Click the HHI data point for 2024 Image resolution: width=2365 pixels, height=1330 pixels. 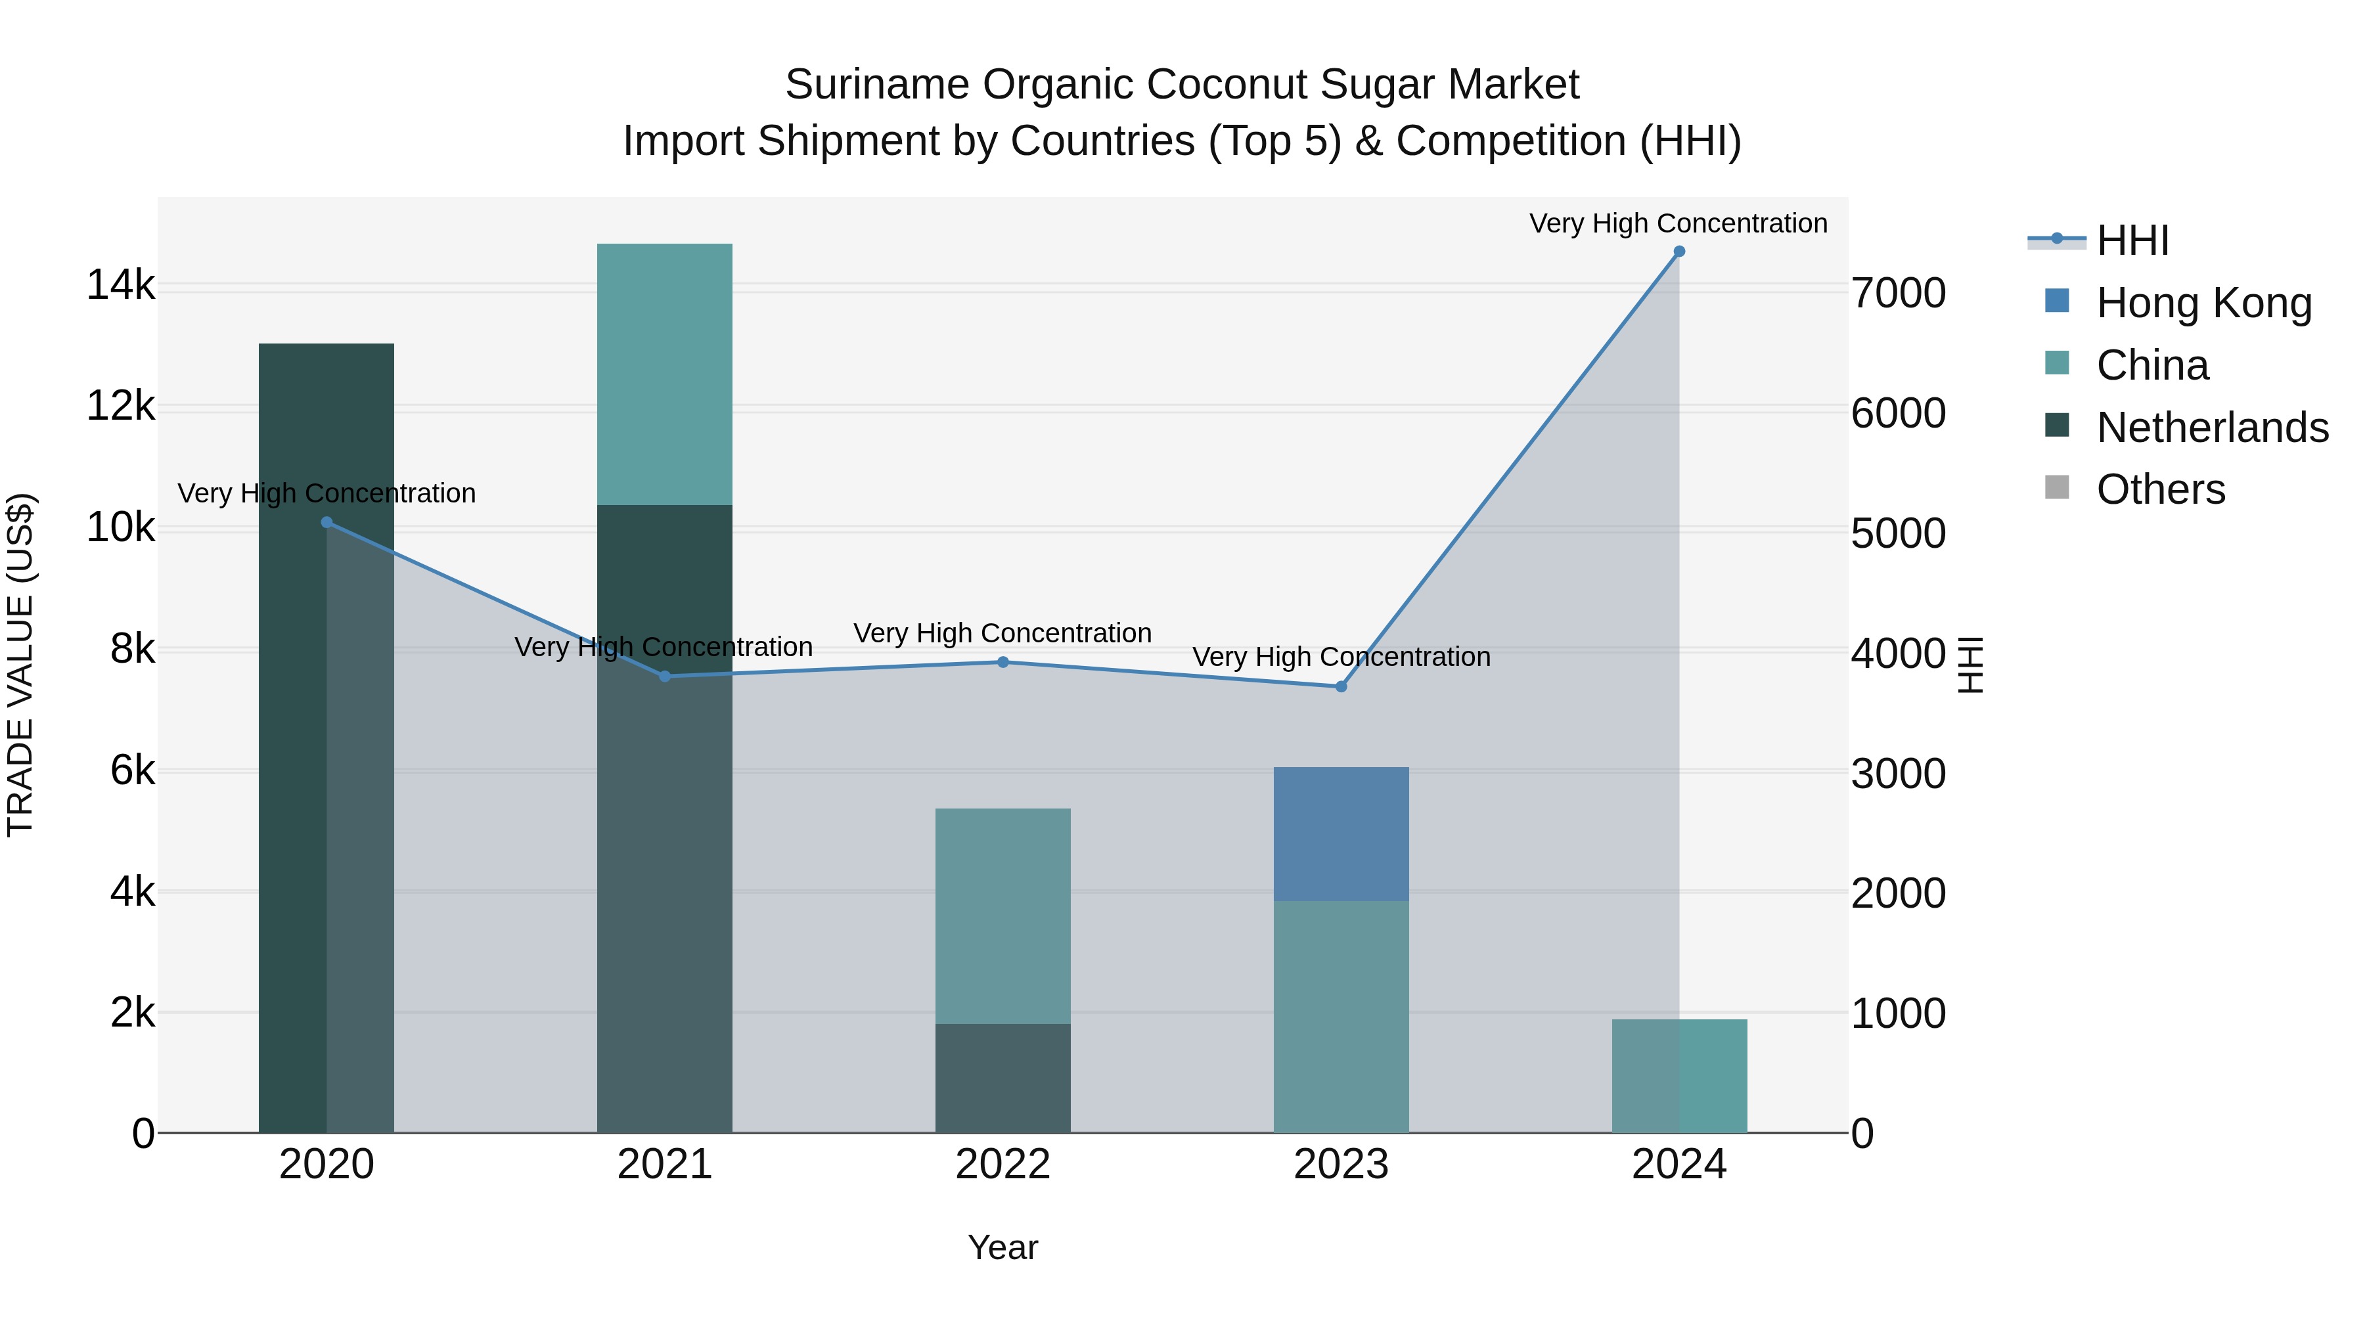click(x=1679, y=252)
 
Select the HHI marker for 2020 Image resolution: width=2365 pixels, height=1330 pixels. click(x=327, y=522)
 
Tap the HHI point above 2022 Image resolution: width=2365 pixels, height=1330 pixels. click(x=1002, y=662)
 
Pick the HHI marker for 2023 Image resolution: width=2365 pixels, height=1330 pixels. click(x=1341, y=686)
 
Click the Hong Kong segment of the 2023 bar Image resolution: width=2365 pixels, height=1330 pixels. click(x=1341, y=833)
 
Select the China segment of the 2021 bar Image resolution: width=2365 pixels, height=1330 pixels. click(x=665, y=374)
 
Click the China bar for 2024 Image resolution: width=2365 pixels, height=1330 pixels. click(x=1679, y=1076)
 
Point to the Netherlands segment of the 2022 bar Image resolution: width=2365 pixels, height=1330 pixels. click(x=1002, y=1078)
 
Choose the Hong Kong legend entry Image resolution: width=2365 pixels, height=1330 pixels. click(x=2203, y=303)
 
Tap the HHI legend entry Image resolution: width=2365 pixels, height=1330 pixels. click(x=2132, y=240)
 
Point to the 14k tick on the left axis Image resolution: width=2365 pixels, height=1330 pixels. click(x=120, y=286)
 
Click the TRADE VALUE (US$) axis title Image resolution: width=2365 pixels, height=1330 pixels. click(x=20, y=665)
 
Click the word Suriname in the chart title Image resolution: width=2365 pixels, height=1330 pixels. click(x=877, y=85)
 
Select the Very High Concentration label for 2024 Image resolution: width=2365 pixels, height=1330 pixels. click(x=1678, y=223)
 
